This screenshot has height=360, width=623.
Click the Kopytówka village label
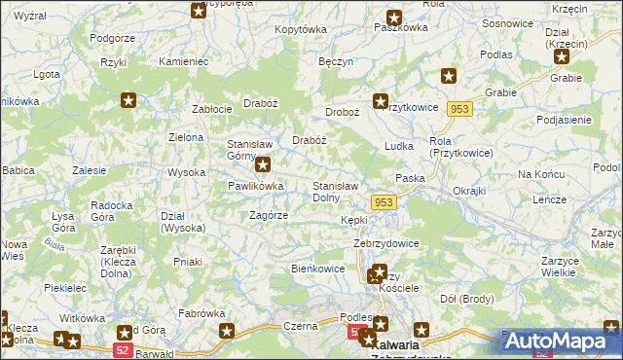301,29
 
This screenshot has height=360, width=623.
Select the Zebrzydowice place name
386,243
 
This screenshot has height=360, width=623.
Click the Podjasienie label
564,120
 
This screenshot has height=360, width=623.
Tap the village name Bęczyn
335,60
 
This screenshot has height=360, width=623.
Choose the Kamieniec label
184,61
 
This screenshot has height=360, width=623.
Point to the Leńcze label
549,198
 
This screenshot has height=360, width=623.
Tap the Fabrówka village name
202,313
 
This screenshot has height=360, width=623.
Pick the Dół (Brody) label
467,298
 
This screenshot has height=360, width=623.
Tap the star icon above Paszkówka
394,17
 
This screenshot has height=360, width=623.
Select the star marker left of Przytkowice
382,100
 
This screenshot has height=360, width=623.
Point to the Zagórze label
268,215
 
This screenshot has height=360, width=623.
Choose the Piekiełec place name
65,288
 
